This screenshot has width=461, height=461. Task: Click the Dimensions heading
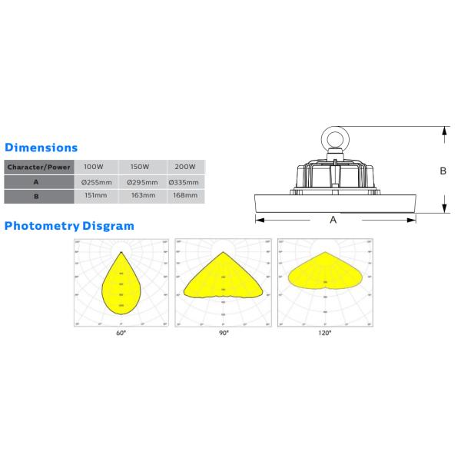(x=41, y=147)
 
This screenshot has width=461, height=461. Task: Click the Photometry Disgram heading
(x=69, y=226)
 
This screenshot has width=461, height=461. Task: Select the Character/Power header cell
(x=38, y=167)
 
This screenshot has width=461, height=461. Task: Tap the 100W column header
(x=94, y=167)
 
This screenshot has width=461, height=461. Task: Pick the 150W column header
(x=141, y=167)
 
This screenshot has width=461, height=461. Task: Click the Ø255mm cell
(x=97, y=182)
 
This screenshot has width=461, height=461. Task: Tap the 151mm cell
(x=95, y=197)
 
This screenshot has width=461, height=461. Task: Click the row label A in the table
(x=36, y=182)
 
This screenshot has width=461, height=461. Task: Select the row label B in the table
(x=36, y=197)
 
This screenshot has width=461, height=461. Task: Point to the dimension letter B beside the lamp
(x=443, y=172)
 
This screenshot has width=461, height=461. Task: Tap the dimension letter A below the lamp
(x=333, y=220)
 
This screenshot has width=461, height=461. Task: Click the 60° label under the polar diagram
(x=121, y=333)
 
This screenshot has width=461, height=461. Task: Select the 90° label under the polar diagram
(x=223, y=333)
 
